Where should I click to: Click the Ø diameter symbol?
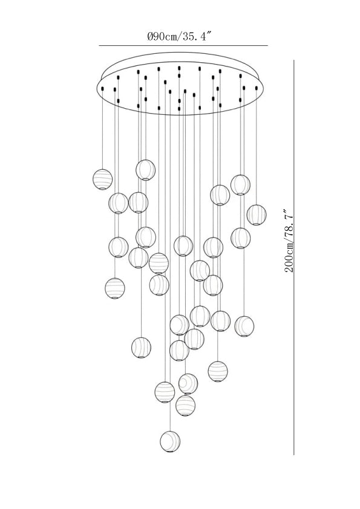[x=150, y=36]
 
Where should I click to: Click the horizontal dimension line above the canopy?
[x=183, y=46]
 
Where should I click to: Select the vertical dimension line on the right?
[x=294, y=257]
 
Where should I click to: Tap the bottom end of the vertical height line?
[x=294, y=455]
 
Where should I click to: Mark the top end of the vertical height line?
[x=294, y=60]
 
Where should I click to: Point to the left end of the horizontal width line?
[x=99, y=46]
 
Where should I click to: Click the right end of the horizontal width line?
[x=268, y=46]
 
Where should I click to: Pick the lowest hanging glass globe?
[x=170, y=441]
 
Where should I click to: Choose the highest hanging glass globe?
[x=146, y=170]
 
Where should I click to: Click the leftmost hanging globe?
[x=103, y=179]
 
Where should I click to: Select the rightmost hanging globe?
[x=257, y=215]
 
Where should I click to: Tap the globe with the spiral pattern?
[x=188, y=384]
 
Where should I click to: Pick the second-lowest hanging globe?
[x=186, y=406]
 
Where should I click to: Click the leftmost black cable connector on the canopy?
[x=103, y=89]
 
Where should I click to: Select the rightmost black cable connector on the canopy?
[x=257, y=88]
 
